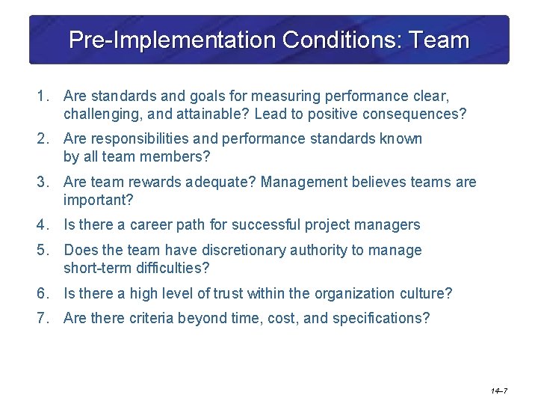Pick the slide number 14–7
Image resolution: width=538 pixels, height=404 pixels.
(x=500, y=391)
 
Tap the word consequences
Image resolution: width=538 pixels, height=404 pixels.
(x=410, y=114)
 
